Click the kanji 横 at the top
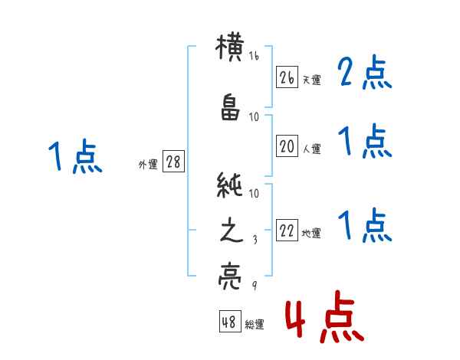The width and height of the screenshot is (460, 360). click(x=230, y=47)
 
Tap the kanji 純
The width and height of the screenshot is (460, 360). click(x=230, y=185)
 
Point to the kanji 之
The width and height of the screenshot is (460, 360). click(x=232, y=230)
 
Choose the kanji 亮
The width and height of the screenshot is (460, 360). click(x=230, y=276)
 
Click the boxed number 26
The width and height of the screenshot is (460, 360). click(x=287, y=77)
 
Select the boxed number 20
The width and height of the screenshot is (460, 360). click(x=287, y=146)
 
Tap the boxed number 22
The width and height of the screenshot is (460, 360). click(x=287, y=230)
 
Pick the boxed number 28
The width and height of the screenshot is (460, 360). click(x=173, y=162)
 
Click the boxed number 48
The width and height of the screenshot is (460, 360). click(x=230, y=321)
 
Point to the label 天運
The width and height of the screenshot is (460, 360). click(x=311, y=80)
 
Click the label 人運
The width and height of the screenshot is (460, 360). click(x=312, y=149)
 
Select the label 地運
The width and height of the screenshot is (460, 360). click(x=311, y=234)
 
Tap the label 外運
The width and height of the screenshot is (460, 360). click(x=148, y=164)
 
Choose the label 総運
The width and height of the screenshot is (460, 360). click(x=255, y=324)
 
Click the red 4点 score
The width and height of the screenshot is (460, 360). click(x=325, y=316)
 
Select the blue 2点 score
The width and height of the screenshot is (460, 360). click(x=364, y=72)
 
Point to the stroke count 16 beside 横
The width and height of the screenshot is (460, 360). click(x=254, y=56)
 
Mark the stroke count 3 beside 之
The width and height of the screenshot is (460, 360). click(x=255, y=240)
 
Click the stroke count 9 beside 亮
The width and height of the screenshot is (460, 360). click(x=255, y=285)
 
